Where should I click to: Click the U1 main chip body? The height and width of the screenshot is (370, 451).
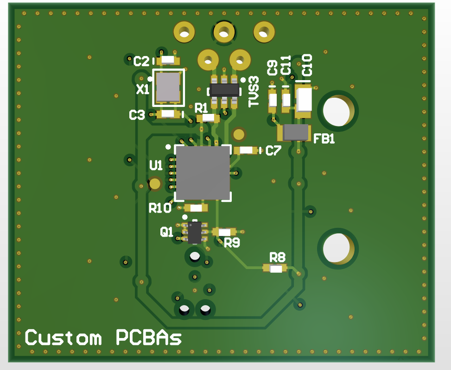click(203, 173)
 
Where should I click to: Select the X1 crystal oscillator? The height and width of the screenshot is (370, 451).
click(167, 88)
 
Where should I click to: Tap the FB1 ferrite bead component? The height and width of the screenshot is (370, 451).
click(295, 133)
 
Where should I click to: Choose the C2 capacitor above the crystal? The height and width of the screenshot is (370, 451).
click(168, 60)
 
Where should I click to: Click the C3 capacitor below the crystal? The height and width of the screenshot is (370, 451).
click(168, 114)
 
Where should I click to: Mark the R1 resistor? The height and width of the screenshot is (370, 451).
click(207, 119)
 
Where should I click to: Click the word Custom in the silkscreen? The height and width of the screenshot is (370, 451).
click(63, 338)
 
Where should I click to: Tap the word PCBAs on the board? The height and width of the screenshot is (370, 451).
click(148, 338)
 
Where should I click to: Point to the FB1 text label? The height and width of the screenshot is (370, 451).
click(324, 139)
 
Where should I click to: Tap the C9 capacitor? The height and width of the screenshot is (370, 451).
click(273, 100)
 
